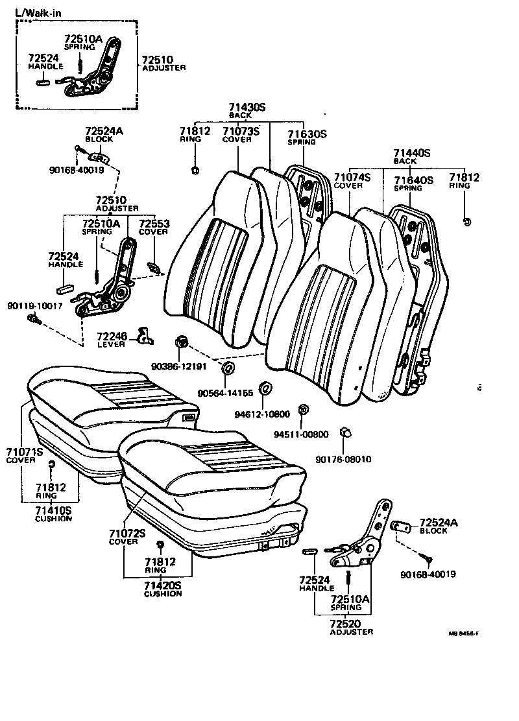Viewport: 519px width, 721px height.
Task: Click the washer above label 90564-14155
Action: click(x=228, y=370)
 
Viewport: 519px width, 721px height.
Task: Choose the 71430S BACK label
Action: click(x=247, y=110)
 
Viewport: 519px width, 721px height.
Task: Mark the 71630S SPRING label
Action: click(x=307, y=137)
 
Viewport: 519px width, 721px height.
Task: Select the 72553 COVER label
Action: click(x=154, y=227)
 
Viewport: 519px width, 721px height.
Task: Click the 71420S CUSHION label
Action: click(x=162, y=589)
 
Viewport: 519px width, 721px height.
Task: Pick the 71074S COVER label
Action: click(x=352, y=180)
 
